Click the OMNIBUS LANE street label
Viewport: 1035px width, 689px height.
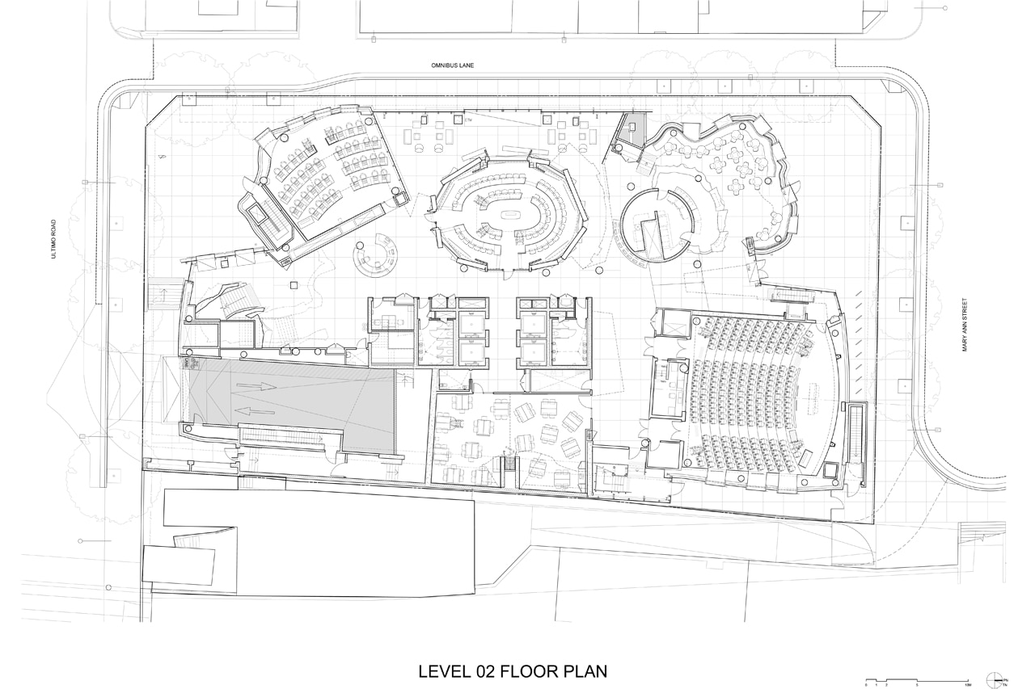(x=450, y=67)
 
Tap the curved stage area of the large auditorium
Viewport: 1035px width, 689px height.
(x=825, y=404)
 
